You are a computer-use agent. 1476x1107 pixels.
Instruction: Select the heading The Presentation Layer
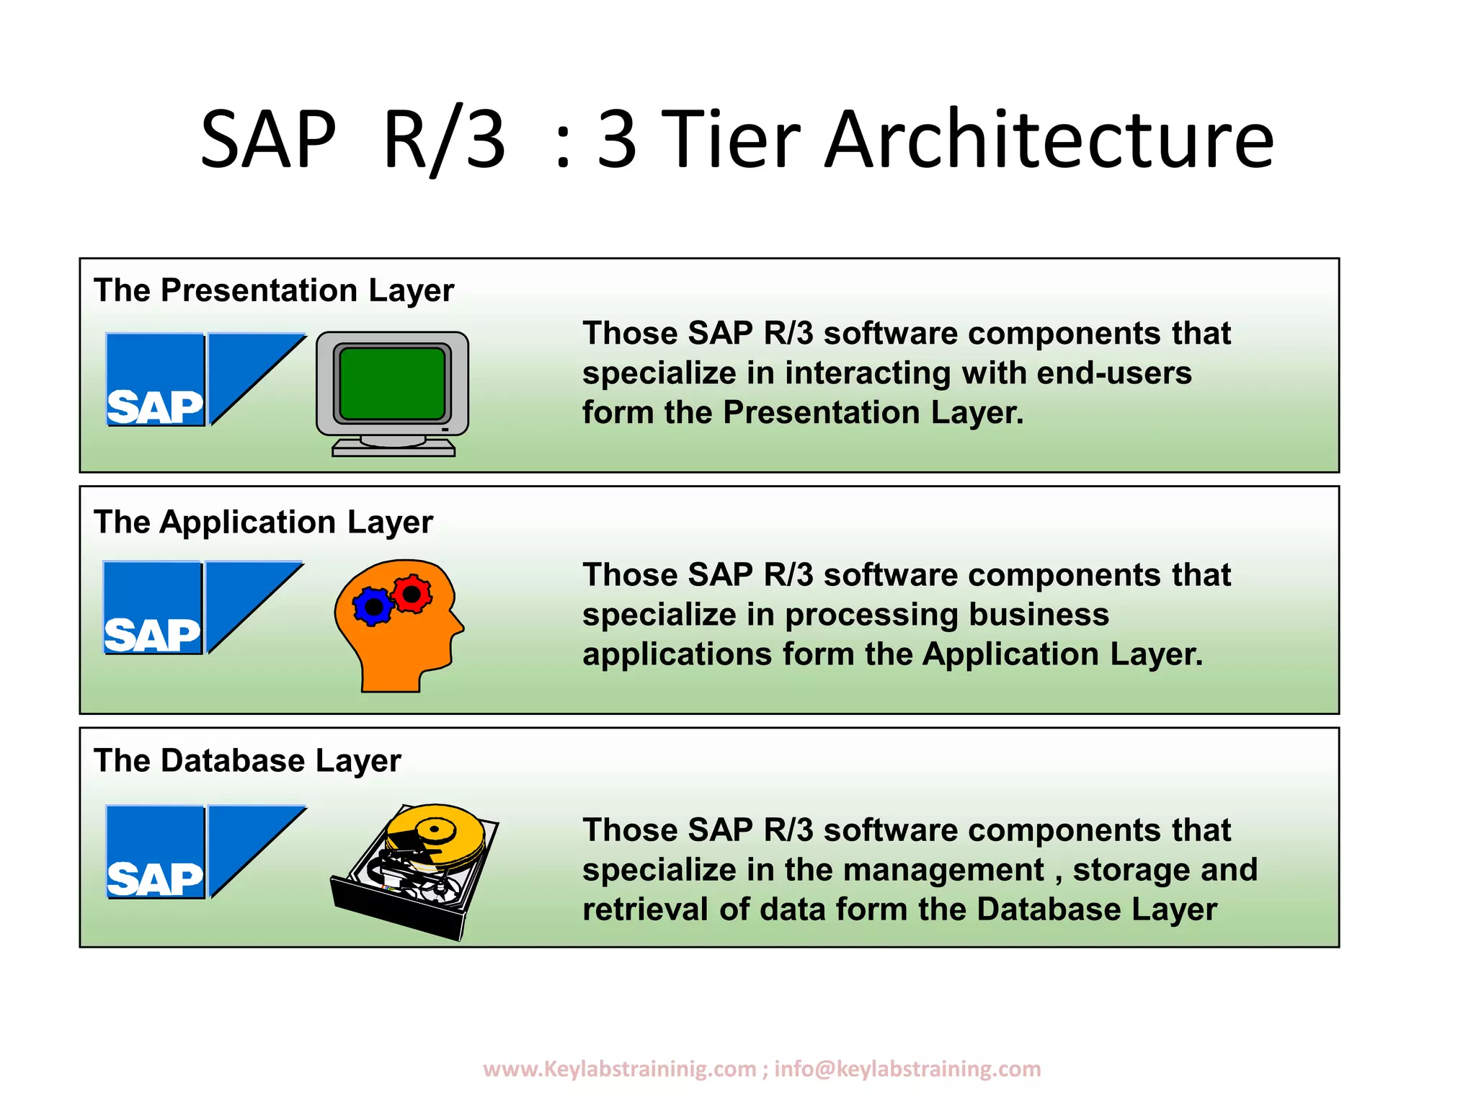pyautogui.click(x=274, y=290)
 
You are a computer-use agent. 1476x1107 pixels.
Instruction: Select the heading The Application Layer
pyautogui.click(x=263, y=522)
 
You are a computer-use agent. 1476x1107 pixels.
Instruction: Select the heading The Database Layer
pyautogui.click(x=247, y=761)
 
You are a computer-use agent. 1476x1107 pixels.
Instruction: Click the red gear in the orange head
pyautogui.click(x=412, y=594)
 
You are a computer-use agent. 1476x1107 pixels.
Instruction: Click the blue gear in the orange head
pyautogui.click(x=373, y=607)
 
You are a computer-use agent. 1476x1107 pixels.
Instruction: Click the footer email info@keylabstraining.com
pyautogui.click(x=907, y=1069)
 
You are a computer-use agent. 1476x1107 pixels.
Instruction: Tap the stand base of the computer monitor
pyautogui.click(x=394, y=449)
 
